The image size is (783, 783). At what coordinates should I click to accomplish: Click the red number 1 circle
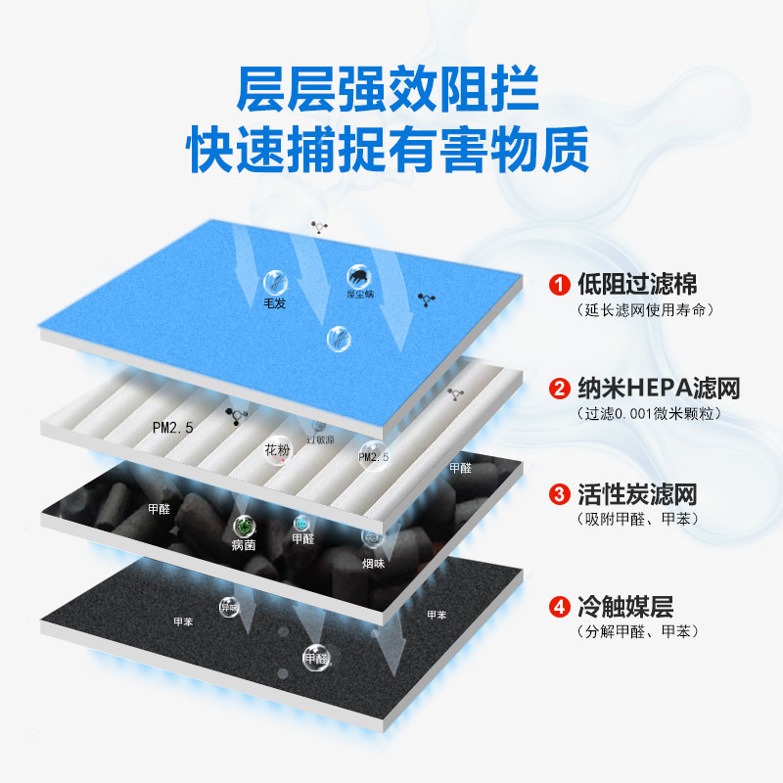[x=559, y=286]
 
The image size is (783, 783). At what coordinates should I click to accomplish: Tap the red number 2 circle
[x=559, y=389]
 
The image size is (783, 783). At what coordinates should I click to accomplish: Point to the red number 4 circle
[x=559, y=607]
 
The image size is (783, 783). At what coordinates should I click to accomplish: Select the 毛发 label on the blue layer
[x=274, y=303]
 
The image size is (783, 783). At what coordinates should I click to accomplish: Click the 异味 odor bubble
[x=229, y=606]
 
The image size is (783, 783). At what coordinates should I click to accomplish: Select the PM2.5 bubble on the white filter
[x=373, y=455]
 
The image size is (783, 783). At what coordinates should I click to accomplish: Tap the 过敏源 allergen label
[x=319, y=440]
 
